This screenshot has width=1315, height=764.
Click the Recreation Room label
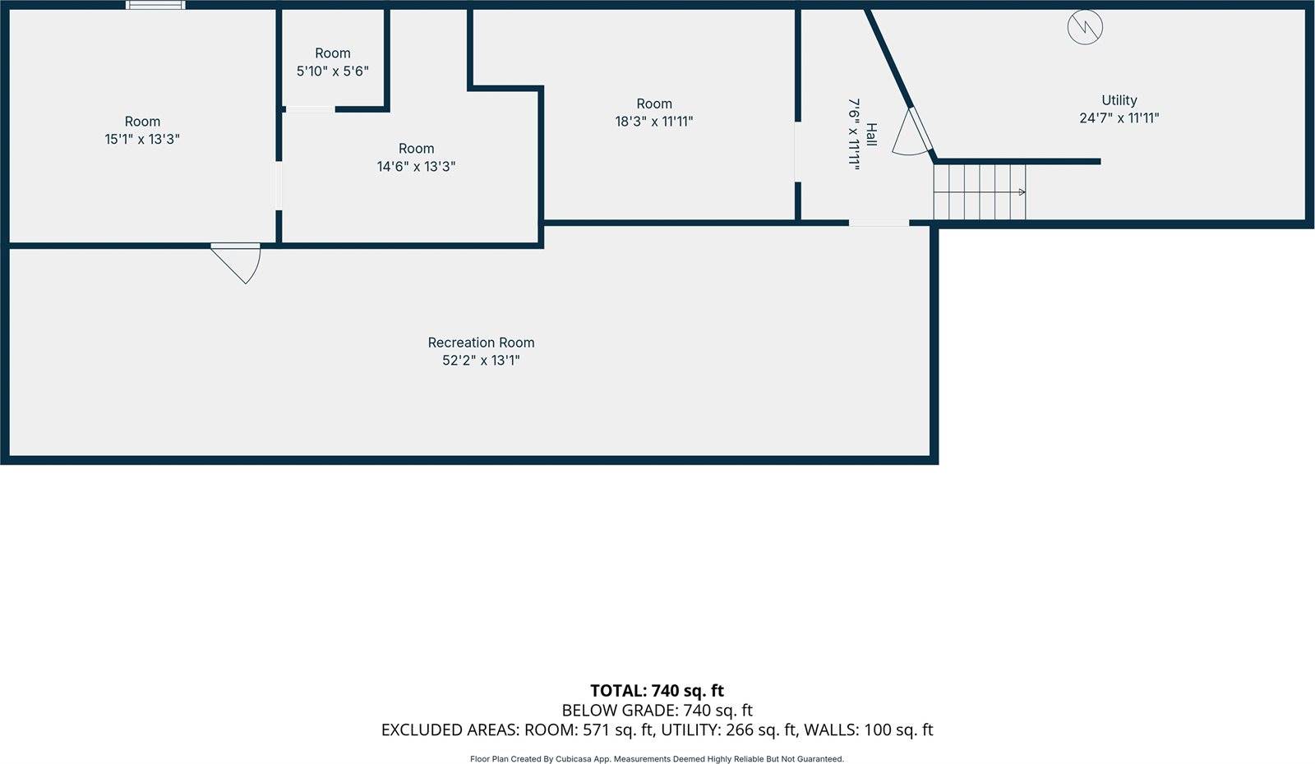(x=481, y=343)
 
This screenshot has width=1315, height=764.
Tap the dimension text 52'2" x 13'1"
(x=481, y=361)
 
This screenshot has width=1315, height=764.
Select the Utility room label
(x=1119, y=100)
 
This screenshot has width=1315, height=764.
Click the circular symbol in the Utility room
(x=1084, y=27)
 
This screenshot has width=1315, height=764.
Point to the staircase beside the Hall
(x=979, y=192)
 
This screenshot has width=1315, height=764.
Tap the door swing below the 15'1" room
(x=238, y=260)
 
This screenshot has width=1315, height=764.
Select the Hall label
(x=871, y=134)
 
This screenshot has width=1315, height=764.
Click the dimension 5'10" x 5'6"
(x=332, y=71)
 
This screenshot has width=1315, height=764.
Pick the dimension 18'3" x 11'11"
(x=653, y=122)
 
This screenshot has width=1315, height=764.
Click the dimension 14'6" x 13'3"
(x=416, y=167)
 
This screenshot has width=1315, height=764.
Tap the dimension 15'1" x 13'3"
(x=142, y=140)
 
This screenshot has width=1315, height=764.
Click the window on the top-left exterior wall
(x=155, y=5)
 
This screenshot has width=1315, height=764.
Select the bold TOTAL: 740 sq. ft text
(x=657, y=691)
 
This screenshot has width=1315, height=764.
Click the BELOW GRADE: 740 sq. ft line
(x=657, y=711)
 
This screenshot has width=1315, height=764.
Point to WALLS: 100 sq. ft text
(x=868, y=730)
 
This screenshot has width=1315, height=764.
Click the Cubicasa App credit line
(x=657, y=759)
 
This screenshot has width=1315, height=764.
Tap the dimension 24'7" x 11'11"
(x=1119, y=118)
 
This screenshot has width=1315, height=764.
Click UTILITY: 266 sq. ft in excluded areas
(x=728, y=730)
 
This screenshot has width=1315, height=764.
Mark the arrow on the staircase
(x=1021, y=192)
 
